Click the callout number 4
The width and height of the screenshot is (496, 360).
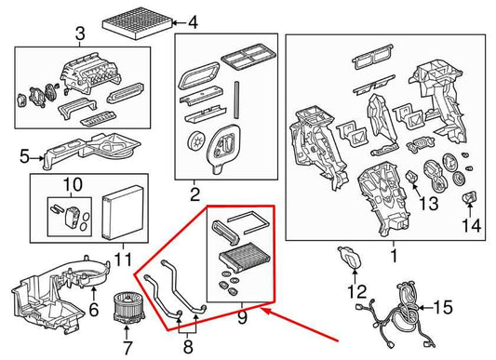point(193,22)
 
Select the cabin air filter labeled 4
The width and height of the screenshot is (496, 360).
point(138,24)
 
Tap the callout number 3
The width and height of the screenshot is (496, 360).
point(80,33)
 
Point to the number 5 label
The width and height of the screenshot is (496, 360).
point(24,156)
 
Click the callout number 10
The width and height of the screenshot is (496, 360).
point(73,184)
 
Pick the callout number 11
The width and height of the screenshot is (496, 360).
point(123,260)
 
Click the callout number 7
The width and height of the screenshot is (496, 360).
point(127,348)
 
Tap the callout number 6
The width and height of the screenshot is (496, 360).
point(94,310)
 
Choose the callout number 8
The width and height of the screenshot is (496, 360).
point(188,347)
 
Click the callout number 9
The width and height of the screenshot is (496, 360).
point(242,317)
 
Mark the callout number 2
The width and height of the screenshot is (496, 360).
point(194,194)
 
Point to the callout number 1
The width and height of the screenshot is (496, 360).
point(394,256)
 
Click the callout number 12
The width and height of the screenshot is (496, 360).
point(357,291)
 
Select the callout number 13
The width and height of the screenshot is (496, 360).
point(429,203)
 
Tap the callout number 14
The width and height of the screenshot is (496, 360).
point(471,225)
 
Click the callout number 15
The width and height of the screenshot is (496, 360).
point(443,307)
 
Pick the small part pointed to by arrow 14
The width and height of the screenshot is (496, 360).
point(470,198)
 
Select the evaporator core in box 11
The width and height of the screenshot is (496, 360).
point(124,213)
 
